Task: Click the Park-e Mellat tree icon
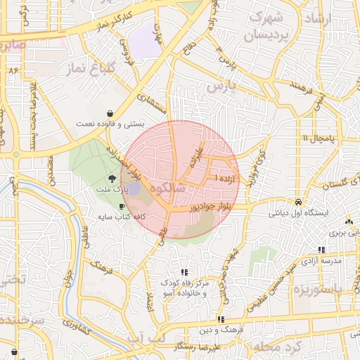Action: point(112,179)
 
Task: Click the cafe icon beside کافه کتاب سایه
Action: point(123,207)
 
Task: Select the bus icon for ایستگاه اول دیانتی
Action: point(299,200)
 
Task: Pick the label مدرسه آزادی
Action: point(321,260)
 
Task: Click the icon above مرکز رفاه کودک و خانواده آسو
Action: point(184,272)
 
